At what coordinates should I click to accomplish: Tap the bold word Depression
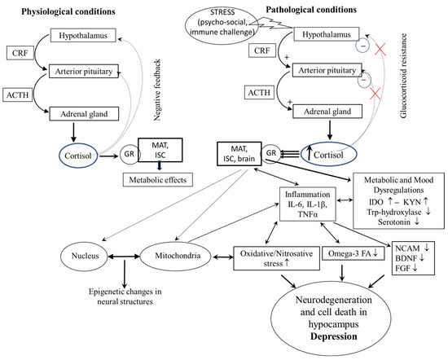pyautogui.click(x=333, y=336)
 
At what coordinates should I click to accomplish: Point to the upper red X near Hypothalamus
pyautogui.click(x=380, y=49)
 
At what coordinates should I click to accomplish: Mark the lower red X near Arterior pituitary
pyautogui.click(x=375, y=94)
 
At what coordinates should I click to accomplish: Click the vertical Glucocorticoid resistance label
pyautogui.click(x=403, y=76)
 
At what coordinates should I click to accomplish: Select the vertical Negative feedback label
pyautogui.click(x=157, y=90)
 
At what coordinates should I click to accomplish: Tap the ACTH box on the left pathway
pyautogui.click(x=18, y=95)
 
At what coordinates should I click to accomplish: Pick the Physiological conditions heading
pyautogui.click(x=68, y=11)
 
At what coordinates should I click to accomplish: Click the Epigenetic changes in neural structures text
pyautogui.click(x=125, y=296)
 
